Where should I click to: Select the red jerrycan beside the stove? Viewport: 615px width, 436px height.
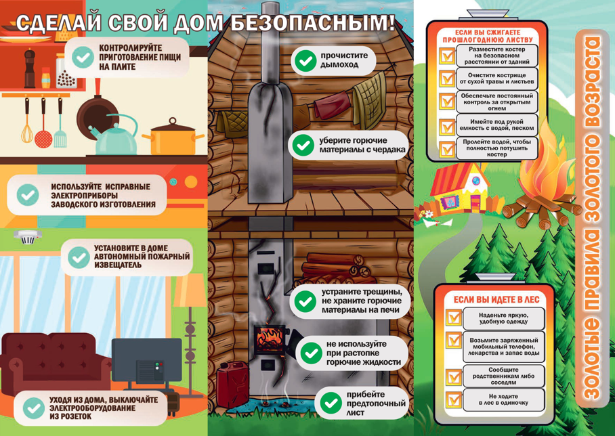pos(233,385)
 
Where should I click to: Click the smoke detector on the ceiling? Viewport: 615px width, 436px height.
pos(28,237)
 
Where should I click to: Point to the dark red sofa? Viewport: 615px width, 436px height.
pos(55,363)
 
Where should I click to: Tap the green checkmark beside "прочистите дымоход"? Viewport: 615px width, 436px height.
pos(305,61)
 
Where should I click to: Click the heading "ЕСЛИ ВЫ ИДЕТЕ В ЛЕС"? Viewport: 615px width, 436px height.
pos(496,300)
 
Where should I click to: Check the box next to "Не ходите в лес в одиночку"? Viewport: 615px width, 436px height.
pos(454,399)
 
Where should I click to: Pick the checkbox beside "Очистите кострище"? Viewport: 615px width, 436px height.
pos(447,79)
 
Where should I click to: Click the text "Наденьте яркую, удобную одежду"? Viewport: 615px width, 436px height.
pos(504,318)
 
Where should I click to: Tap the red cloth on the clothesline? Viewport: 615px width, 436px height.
pos(332,104)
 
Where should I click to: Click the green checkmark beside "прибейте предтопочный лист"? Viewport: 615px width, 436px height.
pos(331,404)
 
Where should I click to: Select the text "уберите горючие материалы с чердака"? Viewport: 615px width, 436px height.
pos(362,145)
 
